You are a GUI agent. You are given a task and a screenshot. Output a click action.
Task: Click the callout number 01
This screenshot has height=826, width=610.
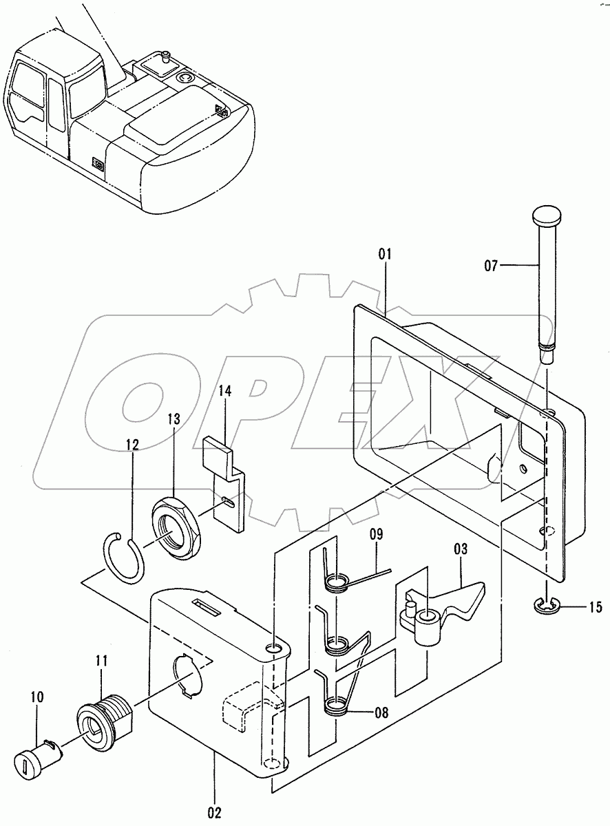coord(384,255)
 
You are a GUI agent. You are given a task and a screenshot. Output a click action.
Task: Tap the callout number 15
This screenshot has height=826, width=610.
coord(595,607)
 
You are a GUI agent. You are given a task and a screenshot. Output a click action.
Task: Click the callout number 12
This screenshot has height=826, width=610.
coord(132,445)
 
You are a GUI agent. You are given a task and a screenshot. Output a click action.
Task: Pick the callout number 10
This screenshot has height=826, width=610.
coord(36,697)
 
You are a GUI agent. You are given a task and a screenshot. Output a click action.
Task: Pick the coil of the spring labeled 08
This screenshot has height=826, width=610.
coord(335,704)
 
